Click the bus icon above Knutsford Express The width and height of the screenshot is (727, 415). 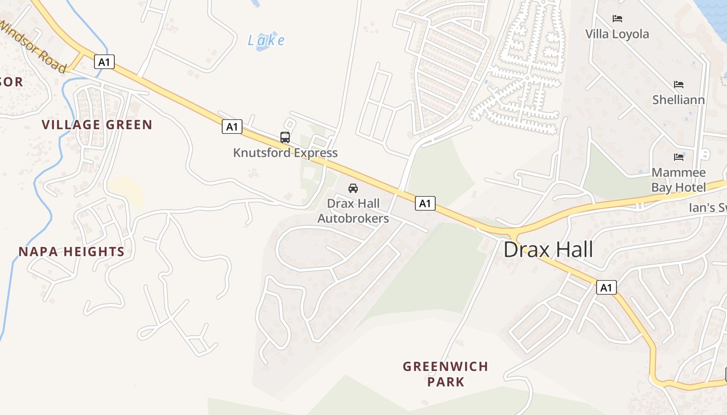coord(285,137)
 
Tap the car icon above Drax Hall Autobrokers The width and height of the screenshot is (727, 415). coord(353,188)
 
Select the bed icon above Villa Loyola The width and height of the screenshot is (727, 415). coord(617,19)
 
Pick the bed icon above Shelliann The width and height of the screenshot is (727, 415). coord(678,85)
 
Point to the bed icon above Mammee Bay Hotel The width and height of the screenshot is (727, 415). coord(678,157)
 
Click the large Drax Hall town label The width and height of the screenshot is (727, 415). coord(548,250)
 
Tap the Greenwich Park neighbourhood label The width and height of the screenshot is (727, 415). coord(446,374)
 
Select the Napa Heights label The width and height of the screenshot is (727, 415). coord(72,252)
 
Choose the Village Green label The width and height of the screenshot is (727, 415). coord(97,125)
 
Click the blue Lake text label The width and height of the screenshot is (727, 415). coord(266,40)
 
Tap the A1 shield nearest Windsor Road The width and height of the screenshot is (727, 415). coord(104,62)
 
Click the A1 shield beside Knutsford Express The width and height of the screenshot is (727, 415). coord(232,126)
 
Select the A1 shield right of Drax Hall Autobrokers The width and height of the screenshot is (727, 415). coord(425,203)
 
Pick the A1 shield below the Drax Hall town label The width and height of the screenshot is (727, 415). coord(606,287)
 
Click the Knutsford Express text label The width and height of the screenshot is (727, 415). coord(285,153)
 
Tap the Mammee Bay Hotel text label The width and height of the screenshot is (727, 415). coord(679,179)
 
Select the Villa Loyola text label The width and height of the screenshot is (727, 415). coord(617,34)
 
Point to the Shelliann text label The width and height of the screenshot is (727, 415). coord(678,100)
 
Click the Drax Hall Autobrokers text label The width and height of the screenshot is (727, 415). coord(353,211)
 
